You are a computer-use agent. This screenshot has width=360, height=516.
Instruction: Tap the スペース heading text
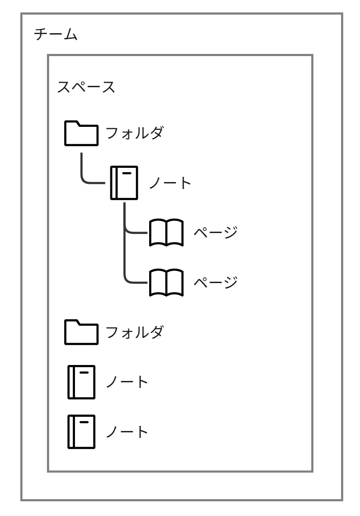point(86,88)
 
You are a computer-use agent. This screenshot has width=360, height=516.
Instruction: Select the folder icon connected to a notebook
point(81,133)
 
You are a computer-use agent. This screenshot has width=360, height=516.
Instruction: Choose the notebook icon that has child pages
point(124,182)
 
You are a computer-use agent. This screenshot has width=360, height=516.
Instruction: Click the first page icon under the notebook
point(166,233)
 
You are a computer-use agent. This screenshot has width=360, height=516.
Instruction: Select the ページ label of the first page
point(216,233)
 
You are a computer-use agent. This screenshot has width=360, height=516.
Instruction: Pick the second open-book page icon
point(166,283)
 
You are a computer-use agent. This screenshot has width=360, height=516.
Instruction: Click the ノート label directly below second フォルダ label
point(127,383)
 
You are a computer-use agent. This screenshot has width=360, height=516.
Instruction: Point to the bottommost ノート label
point(127,432)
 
